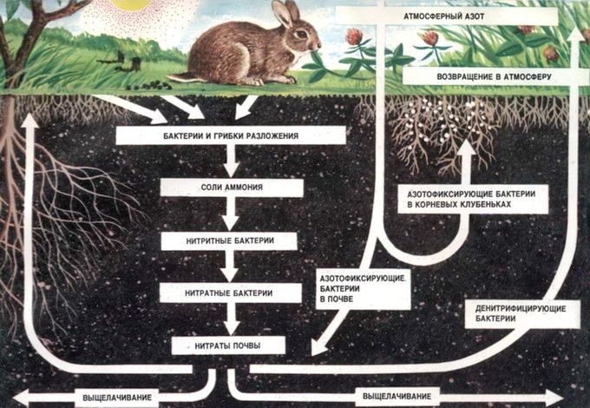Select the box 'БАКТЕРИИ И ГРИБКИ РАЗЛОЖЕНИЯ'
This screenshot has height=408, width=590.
click(230, 136)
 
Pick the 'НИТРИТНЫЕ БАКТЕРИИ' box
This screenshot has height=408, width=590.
click(229, 240)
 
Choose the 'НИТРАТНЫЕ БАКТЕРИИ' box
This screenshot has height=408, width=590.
click(229, 293)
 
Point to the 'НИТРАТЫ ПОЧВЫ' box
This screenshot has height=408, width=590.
click(229, 345)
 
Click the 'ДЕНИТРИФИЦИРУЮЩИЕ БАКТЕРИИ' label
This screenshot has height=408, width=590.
click(521, 313)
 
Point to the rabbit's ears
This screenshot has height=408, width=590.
click(282, 12)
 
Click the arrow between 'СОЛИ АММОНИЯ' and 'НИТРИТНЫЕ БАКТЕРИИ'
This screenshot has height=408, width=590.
click(230, 214)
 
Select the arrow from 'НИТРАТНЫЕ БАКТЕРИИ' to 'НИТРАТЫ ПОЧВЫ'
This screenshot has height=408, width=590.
click(230, 319)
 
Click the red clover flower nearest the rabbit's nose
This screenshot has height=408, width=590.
click(353, 37)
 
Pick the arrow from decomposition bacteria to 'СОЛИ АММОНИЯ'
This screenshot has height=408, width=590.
click(230, 162)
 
